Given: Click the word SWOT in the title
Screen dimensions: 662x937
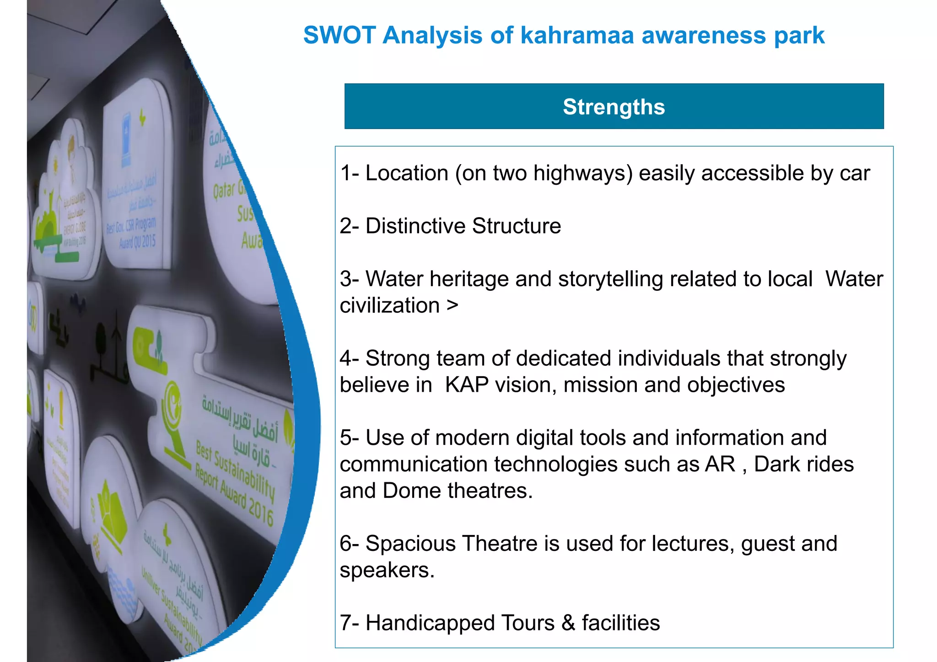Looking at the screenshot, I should (339, 36).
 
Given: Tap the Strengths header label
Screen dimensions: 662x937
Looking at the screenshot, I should (614, 107).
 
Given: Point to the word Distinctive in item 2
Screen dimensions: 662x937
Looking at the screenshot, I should (415, 226).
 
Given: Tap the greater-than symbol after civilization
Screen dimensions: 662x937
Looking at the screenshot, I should (452, 305).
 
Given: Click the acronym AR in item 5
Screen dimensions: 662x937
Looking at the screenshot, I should (720, 464).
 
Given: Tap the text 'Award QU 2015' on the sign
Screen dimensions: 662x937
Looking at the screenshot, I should (137, 241).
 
